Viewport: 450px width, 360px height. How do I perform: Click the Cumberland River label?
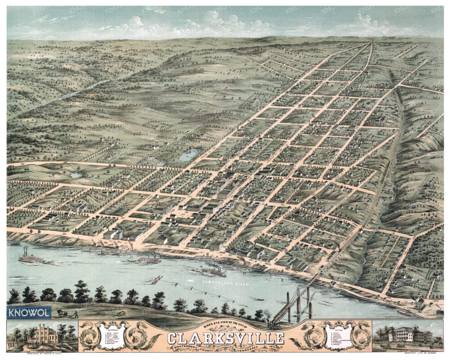tap(225, 284)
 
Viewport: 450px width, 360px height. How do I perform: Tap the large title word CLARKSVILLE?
tap(226, 337)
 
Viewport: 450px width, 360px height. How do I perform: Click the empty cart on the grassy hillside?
tap(120, 313)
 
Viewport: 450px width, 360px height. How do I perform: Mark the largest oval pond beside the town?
tap(190, 155)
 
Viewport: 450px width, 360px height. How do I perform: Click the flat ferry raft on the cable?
tap(157, 280)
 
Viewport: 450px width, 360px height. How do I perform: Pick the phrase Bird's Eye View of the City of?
tap(225, 325)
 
